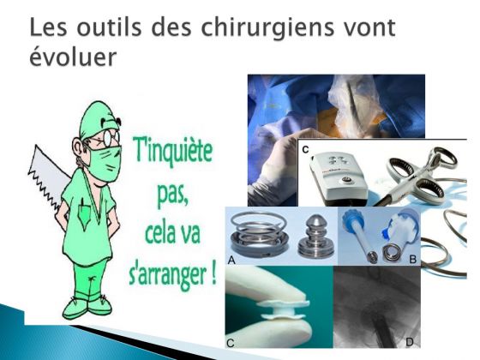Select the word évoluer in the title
pyautogui.click(x=73, y=57)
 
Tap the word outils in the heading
pyautogui.click(x=109, y=27)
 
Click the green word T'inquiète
pyautogui.click(x=172, y=151)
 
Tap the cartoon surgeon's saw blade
pyautogui.click(x=47, y=177)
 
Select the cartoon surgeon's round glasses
pyautogui.click(x=111, y=138)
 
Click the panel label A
pyautogui.click(x=231, y=261)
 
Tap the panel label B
pyautogui.click(x=412, y=260)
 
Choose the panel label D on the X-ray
pyautogui.click(x=410, y=342)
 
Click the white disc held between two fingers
pyautogui.click(x=282, y=309)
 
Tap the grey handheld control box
pyautogui.click(x=339, y=178)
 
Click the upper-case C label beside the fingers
pyautogui.click(x=231, y=343)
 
